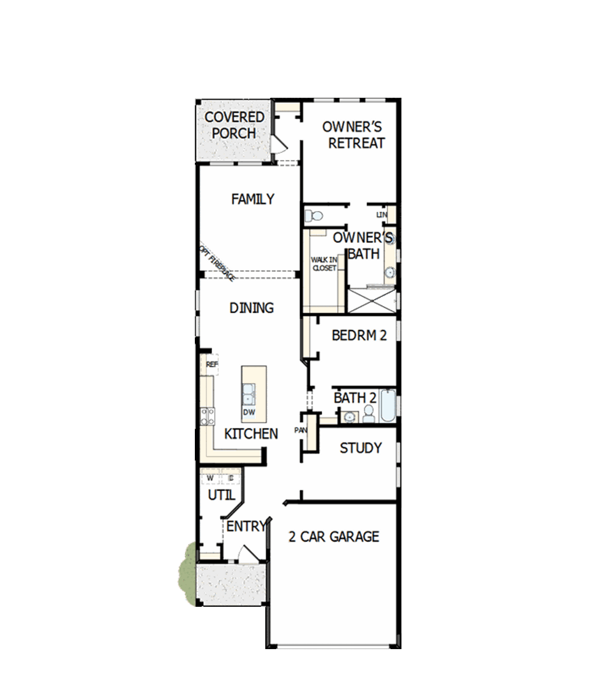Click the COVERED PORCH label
[234, 125]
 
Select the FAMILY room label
[253, 199]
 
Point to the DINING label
[252, 308]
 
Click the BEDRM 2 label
[359, 335]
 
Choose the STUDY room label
[361, 448]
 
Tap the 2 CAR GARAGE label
[334, 536]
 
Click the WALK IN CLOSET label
[324, 264]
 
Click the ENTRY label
[246, 526]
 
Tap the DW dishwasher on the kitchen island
[249, 412]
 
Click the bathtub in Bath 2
[388, 406]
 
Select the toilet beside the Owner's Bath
[314, 216]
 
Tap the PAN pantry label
[300, 430]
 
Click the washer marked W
[210, 478]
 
